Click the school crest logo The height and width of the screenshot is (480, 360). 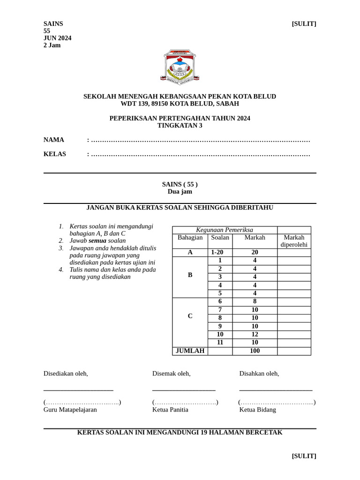click(180, 67)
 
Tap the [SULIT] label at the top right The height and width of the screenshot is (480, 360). click(304, 24)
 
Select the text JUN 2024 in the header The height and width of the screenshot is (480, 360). click(57, 38)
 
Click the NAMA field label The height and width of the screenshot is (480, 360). click(53, 140)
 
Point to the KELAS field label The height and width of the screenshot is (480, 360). click(55, 154)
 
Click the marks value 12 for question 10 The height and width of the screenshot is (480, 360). click(255, 334)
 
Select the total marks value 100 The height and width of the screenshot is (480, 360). click(255, 351)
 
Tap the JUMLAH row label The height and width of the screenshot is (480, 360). click(190, 351)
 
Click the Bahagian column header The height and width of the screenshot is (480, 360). click(190, 238)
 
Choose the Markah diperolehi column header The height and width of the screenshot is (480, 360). click(294, 241)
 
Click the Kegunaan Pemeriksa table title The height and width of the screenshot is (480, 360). click(225, 230)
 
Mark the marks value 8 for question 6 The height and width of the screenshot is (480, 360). click(255, 301)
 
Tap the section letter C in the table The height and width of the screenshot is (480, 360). click(190, 316)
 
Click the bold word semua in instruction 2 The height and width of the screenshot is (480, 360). click(97, 240)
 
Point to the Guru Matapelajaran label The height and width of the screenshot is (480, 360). click(70, 409)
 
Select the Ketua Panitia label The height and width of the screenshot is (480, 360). click(170, 409)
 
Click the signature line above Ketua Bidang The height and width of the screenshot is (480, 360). click(276, 390)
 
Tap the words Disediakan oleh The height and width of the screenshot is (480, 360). click(66, 373)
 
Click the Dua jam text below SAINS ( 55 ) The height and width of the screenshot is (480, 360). click(180, 191)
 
